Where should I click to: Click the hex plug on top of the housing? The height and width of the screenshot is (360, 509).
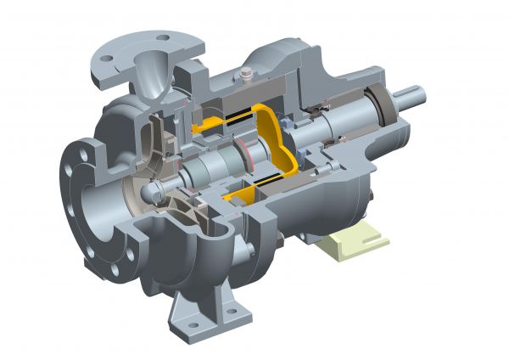(x=244, y=75)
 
